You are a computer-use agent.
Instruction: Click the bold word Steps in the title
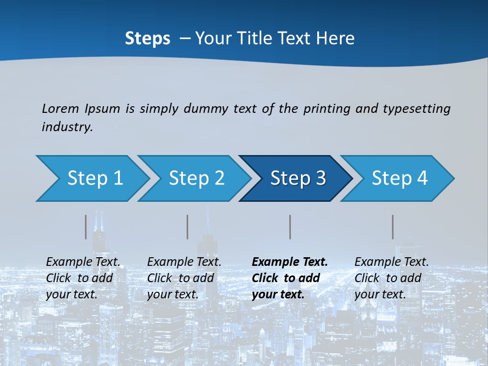147,38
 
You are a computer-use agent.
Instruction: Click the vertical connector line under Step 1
86,227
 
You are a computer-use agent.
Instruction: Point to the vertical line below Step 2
188,227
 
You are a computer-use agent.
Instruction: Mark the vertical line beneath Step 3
290,227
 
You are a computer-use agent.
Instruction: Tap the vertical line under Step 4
393,227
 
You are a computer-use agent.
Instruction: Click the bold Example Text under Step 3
289,278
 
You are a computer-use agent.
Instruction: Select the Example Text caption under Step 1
83,278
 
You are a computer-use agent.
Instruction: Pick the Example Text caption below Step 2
184,278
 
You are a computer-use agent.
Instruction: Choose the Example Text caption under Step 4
391,278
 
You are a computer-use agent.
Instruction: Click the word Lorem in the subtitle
60,108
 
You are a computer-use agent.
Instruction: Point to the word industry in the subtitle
67,127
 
